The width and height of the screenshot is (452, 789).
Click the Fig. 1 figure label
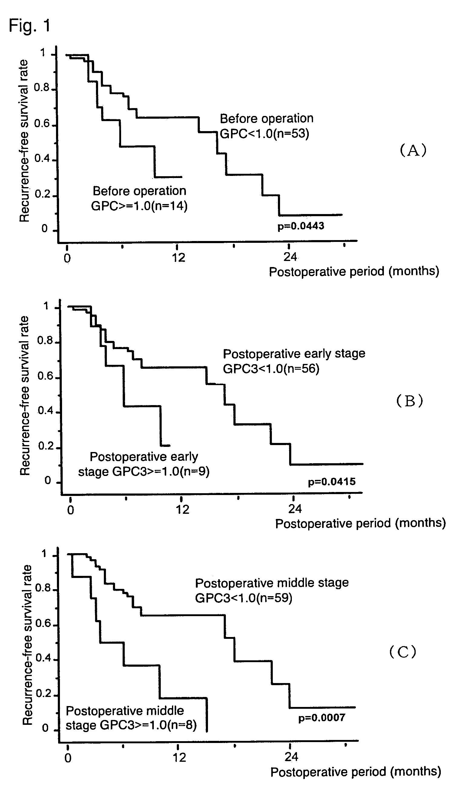[29, 25]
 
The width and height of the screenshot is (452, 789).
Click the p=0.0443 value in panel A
[301, 226]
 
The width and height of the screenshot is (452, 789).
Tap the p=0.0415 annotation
[332, 482]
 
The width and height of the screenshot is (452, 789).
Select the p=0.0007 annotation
[322, 718]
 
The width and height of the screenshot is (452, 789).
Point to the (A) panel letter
[413, 150]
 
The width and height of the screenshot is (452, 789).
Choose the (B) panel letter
[410, 401]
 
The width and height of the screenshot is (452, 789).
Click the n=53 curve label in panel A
[265, 134]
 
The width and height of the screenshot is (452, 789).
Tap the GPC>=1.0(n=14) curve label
[139, 206]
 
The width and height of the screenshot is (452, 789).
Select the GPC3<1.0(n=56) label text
[271, 369]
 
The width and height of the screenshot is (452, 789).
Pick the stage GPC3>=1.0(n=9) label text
[144, 472]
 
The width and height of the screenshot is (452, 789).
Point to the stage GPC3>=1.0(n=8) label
[131, 725]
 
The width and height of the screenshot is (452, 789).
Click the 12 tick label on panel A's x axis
[178, 258]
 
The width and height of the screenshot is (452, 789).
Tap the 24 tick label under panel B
[295, 509]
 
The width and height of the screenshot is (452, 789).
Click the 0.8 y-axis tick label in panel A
[41, 88]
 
